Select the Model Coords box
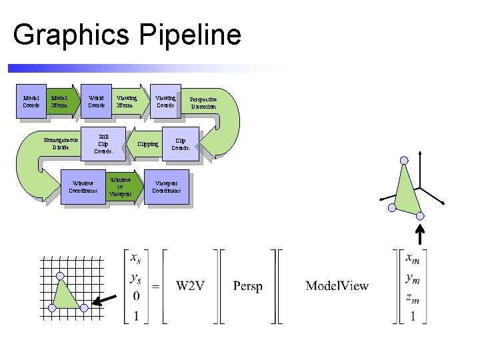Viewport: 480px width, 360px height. click(31, 101)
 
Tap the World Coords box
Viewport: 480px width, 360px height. click(97, 101)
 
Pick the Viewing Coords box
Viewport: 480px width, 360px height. click(165, 101)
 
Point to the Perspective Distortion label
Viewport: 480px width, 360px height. click(203, 102)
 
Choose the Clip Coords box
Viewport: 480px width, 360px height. click(181, 144)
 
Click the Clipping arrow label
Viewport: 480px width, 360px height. click(147, 144)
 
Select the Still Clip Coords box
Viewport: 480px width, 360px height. click(103, 144)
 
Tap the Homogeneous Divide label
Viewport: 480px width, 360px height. click(61, 144)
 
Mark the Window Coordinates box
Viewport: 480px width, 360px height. click(83, 187)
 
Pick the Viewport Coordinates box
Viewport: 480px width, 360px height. click(166, 187)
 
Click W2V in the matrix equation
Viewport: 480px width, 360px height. click(190, 286)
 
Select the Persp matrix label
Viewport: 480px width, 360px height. click(247, 286)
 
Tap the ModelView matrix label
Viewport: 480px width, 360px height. click(337, 286)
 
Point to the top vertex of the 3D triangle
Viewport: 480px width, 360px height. click(403, 160)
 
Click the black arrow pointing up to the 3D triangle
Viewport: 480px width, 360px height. click(420, 235)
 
